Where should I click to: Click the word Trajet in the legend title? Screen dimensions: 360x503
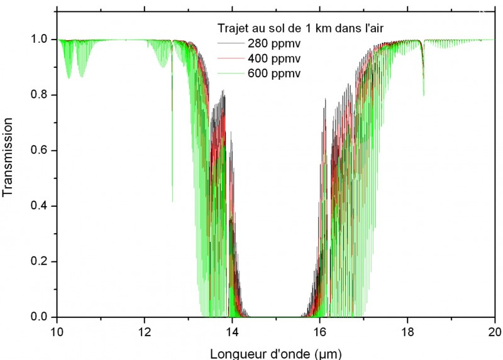(224, 27)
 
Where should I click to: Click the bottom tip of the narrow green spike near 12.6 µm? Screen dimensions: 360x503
(172, 202)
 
